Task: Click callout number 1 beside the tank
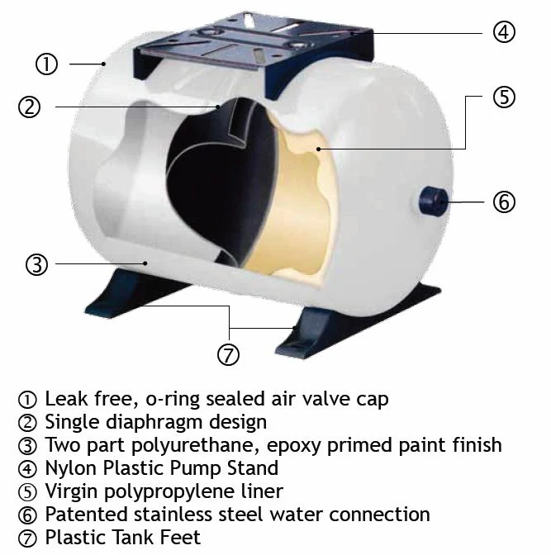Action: [46, 64]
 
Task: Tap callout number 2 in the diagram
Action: [29, 107]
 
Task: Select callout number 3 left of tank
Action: [36, 264]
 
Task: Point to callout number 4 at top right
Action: [504, 32]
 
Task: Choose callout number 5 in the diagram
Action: [504, 97]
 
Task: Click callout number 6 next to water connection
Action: [504, 202]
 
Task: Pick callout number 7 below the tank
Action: [228, 354]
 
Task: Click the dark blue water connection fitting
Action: [433, 201]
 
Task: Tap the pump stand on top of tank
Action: [253, 53]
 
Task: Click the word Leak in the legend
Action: [66, 399]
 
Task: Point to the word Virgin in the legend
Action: [71, 492]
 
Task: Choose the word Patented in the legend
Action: [87, 515]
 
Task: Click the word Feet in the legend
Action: [180, 538]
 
